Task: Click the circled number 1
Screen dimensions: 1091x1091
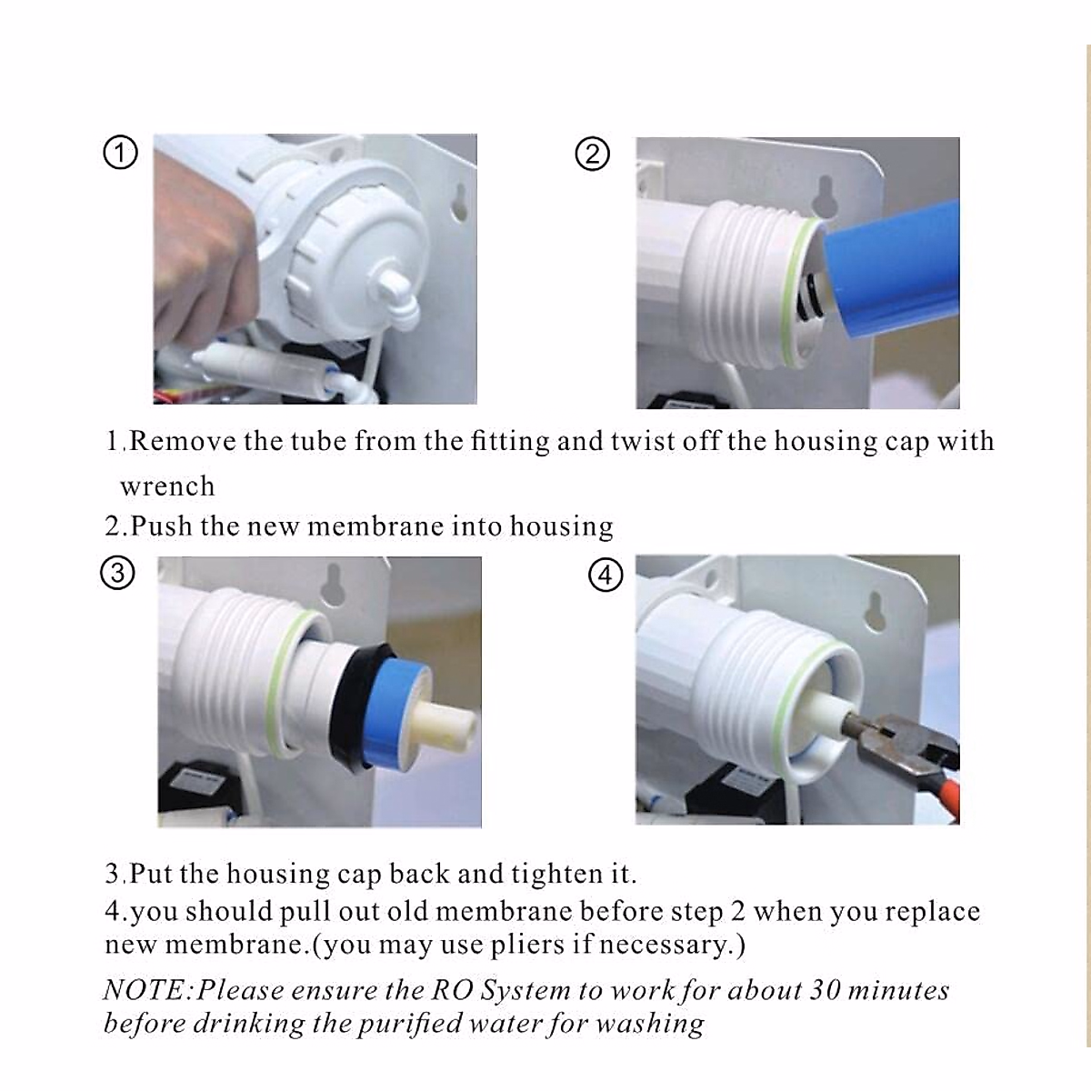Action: [x=120, y=153]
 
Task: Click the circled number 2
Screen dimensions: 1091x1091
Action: [x=592, y=154]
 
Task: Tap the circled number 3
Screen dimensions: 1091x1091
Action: [x=118, y=573]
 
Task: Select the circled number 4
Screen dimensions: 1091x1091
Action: [x=606, y=576]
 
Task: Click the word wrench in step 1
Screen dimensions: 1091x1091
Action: [x=167, y=486]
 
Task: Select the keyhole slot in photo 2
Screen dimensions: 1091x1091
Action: [x=825, y=195]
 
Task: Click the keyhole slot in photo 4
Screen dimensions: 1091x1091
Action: [x=876, y=612]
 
